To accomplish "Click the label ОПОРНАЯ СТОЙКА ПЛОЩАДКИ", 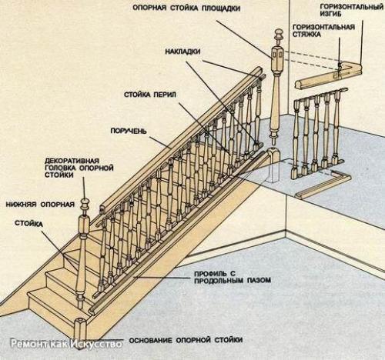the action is coord(186,8).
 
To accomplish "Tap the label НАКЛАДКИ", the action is coord(182,52).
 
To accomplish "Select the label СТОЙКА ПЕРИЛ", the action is coord(150,95).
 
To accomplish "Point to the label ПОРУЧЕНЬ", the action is coord(129,131).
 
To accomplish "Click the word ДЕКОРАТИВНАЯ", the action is coord(72,161).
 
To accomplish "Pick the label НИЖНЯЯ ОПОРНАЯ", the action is coord(40,205).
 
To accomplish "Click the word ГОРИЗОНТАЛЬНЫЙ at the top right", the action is coord(351,7).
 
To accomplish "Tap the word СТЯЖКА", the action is coord(306,34).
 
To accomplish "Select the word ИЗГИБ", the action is coord(330,14).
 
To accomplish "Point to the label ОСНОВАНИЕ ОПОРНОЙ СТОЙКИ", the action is coord(186,340).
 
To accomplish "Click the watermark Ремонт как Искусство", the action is coord(66,344).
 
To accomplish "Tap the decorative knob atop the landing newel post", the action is coord(278,36).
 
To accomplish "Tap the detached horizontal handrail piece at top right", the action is coord(329,76).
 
